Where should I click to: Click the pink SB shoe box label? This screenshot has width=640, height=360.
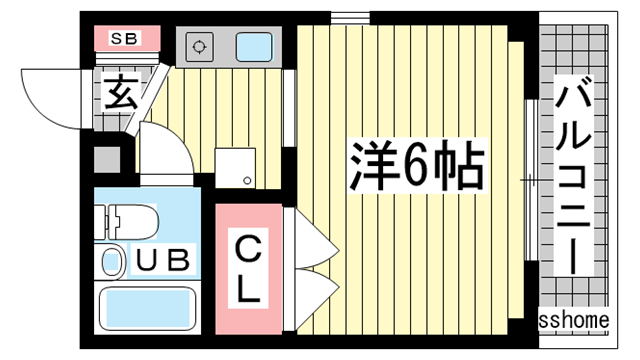[125, 40]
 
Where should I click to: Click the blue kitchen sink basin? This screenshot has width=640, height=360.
[254, 46]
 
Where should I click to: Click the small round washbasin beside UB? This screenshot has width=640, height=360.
[112, 262]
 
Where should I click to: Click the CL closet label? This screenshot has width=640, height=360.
[248, 268]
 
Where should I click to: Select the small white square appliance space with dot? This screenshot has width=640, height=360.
[237, 168]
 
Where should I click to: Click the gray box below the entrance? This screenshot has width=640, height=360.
[106, 159]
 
